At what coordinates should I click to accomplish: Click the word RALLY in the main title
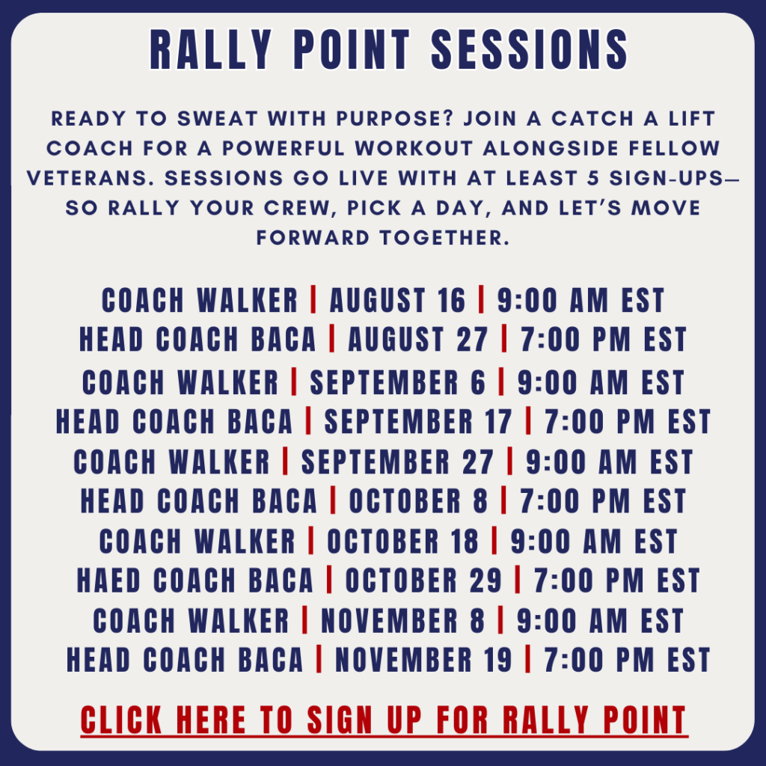click(x=210, y=50)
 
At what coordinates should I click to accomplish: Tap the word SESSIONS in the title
click(x=530, y=50)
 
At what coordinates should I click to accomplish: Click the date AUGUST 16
click(x=398, y=300)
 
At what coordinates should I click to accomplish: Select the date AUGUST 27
click(x=417, y=340)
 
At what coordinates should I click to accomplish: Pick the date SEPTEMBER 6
click(x=398, y=382)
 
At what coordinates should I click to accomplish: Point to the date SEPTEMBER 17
click(x=418, y=422)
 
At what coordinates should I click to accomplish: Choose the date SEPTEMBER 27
click(x=397, y=462)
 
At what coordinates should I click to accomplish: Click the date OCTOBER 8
click(x=418, y=501)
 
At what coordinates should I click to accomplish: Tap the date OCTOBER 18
click(x=403, y=542)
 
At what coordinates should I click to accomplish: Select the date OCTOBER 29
click(x=423, y=580)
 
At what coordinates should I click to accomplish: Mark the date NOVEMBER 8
click(x=402, y=621)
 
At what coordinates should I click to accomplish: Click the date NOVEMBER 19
click(x=423, y=661)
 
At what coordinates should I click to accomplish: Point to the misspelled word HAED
click(x=109, y=580)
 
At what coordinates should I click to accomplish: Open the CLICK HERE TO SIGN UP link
click(x=384, y=720)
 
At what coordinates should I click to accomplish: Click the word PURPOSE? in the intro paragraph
click(x=395, y=119)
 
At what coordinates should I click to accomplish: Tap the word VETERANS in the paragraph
click(x=87, y=178)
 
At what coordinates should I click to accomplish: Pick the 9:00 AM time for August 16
click(x=580, y=300)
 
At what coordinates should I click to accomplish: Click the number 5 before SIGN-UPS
click(x=593, y=178)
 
